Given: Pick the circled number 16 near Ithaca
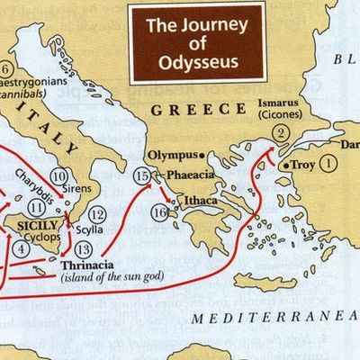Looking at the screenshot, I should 159,212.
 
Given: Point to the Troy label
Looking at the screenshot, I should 302,166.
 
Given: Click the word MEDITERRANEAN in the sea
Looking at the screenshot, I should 275,316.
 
